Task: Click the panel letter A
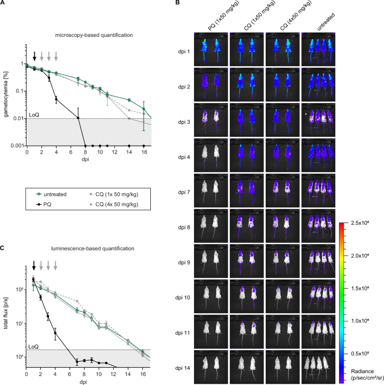pos(3,4)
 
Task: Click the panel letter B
pos(178,4)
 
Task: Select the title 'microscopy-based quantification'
pos(85,35)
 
